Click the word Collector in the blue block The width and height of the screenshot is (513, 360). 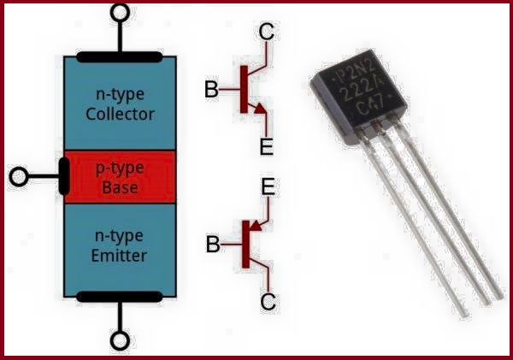[120, 115]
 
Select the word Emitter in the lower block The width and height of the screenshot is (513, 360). [120, 255]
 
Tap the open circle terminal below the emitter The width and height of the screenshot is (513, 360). [121, 340]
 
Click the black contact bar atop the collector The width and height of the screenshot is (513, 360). [120, 58]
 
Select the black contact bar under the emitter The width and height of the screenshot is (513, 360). [120, 298]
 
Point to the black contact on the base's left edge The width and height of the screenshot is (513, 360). [64, 177]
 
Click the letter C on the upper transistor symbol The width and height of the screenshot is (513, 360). [267, 33]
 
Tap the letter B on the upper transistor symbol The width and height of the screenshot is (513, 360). [211, 89]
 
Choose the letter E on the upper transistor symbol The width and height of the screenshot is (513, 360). [266, 147]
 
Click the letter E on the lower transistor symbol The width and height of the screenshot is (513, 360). [267, 188]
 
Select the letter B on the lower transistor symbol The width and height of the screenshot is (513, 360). [211, 245]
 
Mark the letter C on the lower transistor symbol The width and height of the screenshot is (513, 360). [267, 302]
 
